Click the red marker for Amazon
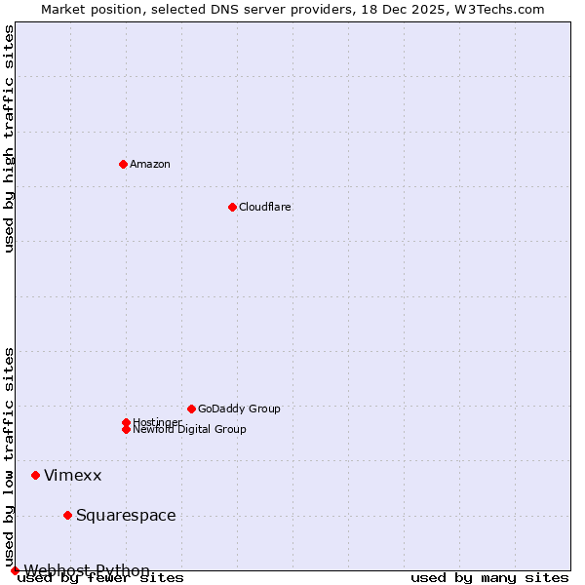pyautogui.click(x=123, y=164)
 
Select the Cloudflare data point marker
pyautogui.click(x=232, y=207)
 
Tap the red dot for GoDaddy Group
pyautogui.click(x=191, y=409)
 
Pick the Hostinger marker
pyautogui.click(x=126, y=422)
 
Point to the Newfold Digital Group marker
pyautogui.click(x=126, y=429)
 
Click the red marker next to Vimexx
pyautogui.click(x=35, y=475)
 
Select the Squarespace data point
pyautogui.click(x=67, y=515)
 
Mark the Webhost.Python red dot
pyautogui.click(x=15, y=570)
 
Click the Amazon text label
pyautogui.click(x=150, y=164)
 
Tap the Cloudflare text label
pyautogui.click(x=265, y=207)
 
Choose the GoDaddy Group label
pyautogui.click(x=239, y=409)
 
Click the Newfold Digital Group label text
pyautogui.click(x=190, y=430)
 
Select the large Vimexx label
pyautogui.click(x=73, y=475)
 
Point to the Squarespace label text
pyautogui.click(x=126, y=515)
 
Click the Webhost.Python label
pyautogui.click(x=87, y=570)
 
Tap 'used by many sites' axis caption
pyautogui.click(x=489, y=578)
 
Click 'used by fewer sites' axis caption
pyautogui.click(x=101, y=578)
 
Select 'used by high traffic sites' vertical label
pyautogui.click(x=10, y=138)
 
